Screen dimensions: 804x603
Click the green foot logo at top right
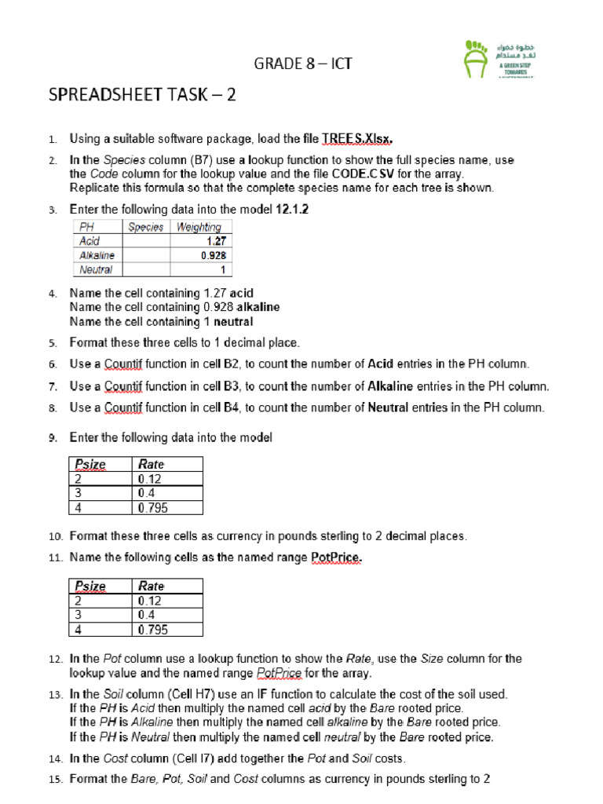pos(476,59)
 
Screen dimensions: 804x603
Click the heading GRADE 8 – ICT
pos(302,64)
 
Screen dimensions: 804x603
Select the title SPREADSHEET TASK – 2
pos(142,96)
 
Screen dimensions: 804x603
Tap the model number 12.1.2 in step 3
pos(292,210)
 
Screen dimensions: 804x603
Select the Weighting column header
pos(199,227)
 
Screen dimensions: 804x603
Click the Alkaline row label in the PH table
pos(97,255)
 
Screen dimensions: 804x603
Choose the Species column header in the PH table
pos(146,227)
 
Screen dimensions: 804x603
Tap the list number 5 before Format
pos(52,343)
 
